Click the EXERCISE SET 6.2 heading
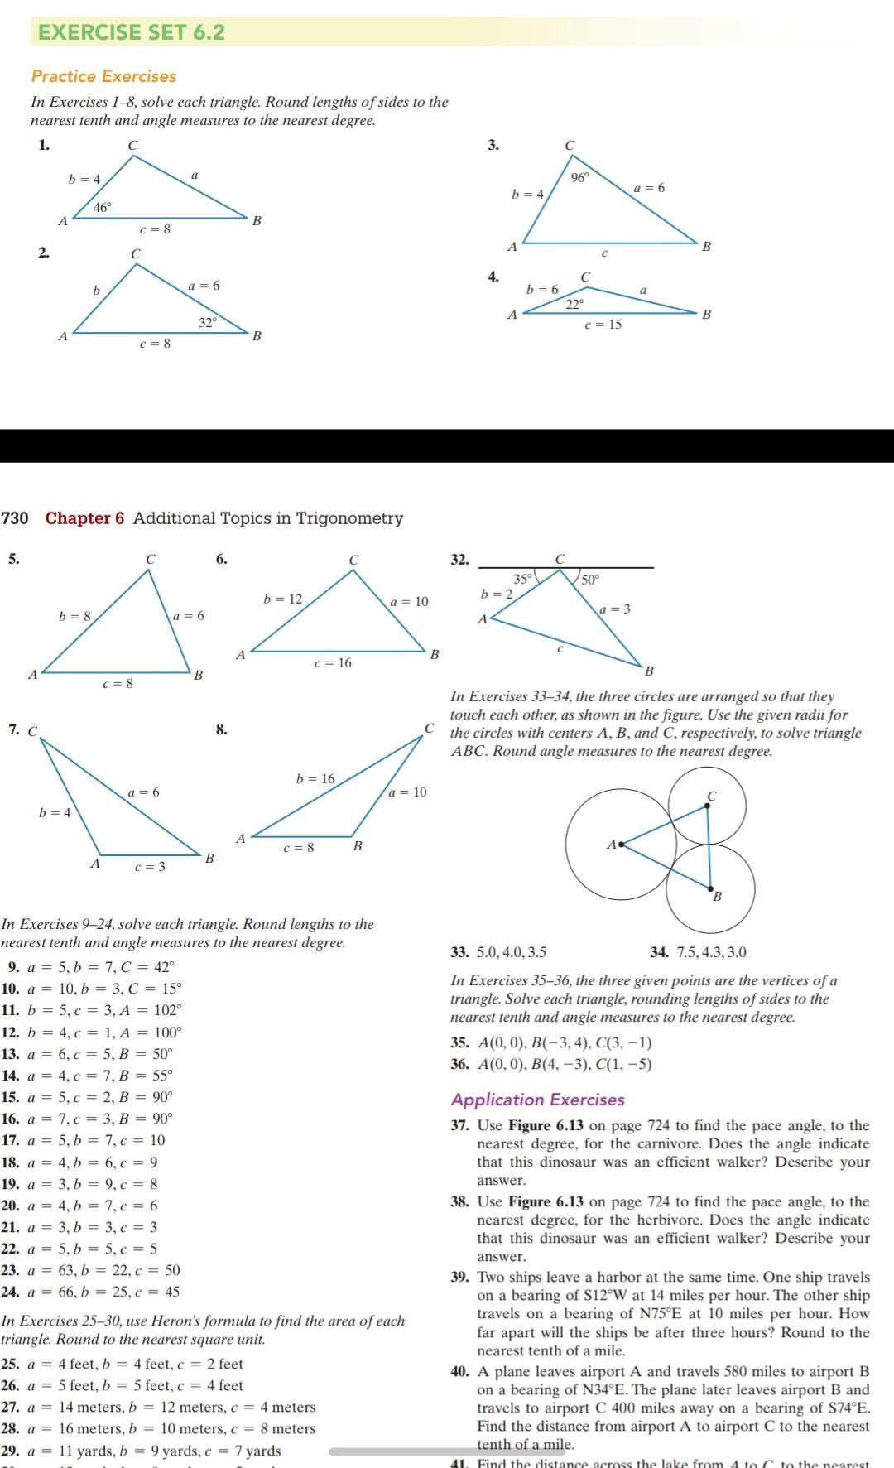pos(132,32)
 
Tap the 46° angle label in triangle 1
pos(102,208)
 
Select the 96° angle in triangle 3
pos(580,177)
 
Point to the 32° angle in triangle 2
pos(208,321)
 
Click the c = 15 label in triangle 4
pos(603,325)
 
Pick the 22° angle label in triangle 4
pos(574,304)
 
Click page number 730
pos(15,518)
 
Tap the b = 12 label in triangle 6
pos(283,599)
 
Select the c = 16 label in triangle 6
pos(333,662)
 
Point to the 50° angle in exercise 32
pos(589,580)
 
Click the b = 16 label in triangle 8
pos(315,778)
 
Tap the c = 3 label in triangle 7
pos(150,866)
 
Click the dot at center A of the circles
pos(622,845)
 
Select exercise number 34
pos(660,952)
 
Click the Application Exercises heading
pos(537,1100)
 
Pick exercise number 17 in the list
pos(11,1140)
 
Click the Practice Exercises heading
pos(103,76)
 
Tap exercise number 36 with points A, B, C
pos(459,1064)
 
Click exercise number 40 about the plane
pos(460,1371)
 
